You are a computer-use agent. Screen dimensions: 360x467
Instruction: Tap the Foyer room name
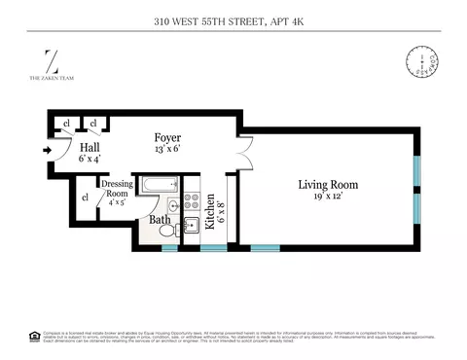pos(169,137)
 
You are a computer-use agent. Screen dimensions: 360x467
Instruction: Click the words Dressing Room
pos(117,189)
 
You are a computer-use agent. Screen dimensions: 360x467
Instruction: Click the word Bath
pos(159,221)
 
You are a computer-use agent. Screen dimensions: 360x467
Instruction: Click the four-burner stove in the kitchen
pos(192,202)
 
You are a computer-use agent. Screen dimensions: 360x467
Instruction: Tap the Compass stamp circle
pos(419,63)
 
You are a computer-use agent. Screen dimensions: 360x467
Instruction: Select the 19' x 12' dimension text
pos(327,197)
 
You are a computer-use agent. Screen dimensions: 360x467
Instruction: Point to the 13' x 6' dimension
pos(169,149)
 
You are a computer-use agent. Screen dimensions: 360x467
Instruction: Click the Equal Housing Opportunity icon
pos(35,336)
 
